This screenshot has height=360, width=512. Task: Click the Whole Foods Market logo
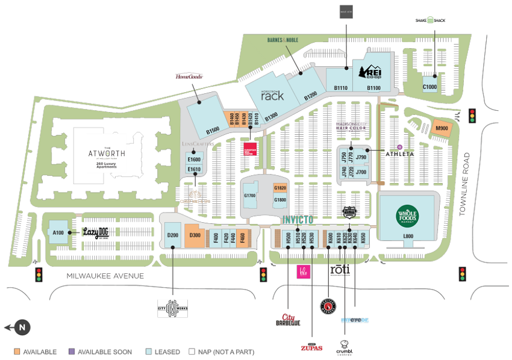click(x=407, y=215)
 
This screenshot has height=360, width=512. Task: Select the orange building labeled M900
click(x=442, y=128)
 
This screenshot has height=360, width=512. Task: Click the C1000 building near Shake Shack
click(x=429, y=85)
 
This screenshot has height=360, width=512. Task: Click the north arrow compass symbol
click(x=21, y=327)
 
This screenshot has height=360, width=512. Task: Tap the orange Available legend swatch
click(x=17, y=352)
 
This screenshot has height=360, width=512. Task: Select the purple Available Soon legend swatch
click(x=72, y=352)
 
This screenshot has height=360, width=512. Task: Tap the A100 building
click(x=58, y=232)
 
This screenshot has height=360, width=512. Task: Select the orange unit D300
click(x=195, y=235)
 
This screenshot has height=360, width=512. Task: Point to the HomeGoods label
click(x=189, y=76)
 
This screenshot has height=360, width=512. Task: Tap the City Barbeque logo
click(x=287, y=320)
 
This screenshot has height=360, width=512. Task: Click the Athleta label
click(x=399, y=154)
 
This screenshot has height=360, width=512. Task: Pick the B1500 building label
click(x=212, y=130)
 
